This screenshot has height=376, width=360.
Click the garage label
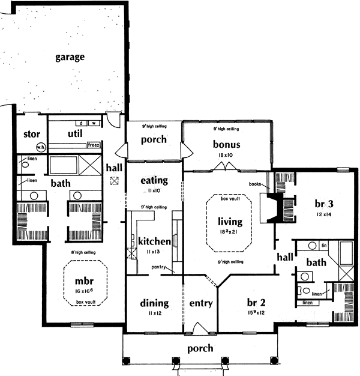(x=70, y=58)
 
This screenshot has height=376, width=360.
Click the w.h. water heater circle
(x=25, y=147)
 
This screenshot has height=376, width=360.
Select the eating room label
(x=154, y=180)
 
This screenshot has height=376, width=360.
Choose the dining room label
(x=154, y=303)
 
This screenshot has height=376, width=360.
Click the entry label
(x=201, y=303)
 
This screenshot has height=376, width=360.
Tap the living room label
(x=230, y=221)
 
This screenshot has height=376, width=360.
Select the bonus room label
(x=227, y=144)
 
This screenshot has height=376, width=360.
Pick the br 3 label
(x=328, y=203)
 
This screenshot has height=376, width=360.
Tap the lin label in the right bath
(x=323, y=246)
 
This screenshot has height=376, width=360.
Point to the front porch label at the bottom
(x=200, y=348)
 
